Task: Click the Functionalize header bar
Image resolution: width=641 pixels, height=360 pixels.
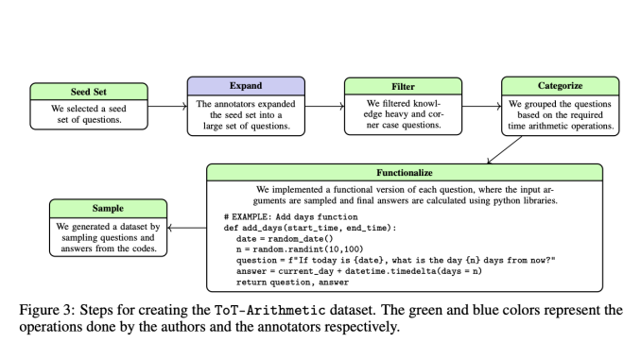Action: (x=405, y=174)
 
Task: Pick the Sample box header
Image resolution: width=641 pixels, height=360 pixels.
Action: (x=108, y=207)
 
